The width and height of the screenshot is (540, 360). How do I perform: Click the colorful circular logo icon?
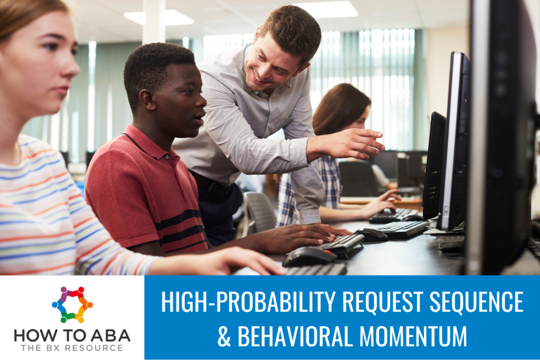click(72, 304)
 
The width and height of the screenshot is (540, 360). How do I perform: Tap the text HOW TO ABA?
click(72, 335)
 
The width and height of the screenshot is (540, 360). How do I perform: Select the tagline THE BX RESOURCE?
click(72, 348)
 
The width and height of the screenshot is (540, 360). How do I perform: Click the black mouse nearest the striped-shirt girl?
click(309, 257)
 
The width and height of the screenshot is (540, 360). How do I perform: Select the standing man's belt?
click(211, 184)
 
